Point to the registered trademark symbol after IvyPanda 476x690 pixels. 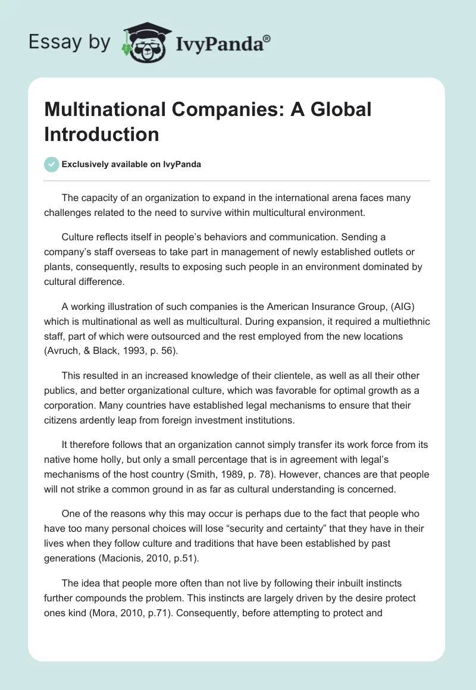pyautogui.click(x=267, y=38)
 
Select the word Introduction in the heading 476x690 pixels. pyautogui.click(x=102, y=134)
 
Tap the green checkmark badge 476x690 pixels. pyautogui.click(x=52, y=164)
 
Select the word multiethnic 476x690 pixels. pyautogui.click(x=400, y=322)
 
